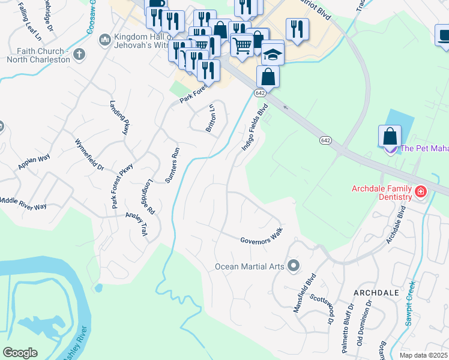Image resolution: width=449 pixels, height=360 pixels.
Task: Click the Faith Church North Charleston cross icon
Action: (78, 55)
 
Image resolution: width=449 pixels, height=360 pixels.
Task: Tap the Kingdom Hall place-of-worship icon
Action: (105, 39)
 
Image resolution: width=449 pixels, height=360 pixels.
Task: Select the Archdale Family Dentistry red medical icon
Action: (421, 193)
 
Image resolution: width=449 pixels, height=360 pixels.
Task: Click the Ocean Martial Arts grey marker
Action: (294, 265)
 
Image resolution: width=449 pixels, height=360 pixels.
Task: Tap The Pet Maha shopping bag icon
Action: (390, 135)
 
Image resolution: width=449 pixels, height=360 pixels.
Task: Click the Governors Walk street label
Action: (261, 238)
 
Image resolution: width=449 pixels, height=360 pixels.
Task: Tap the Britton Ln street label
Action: (211, 119)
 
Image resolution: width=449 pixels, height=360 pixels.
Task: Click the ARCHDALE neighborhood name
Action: (376, 292)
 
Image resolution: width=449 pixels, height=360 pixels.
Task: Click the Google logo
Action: (20, 352)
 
